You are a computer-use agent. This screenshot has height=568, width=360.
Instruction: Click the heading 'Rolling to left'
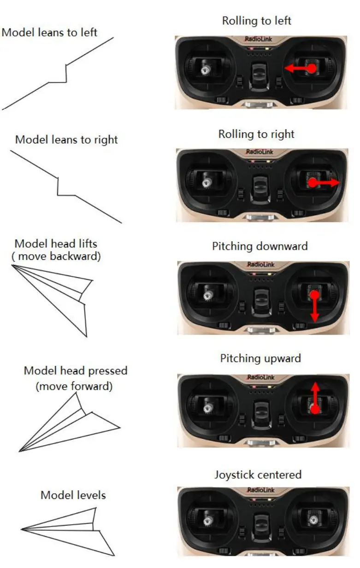click(x=257, y=21)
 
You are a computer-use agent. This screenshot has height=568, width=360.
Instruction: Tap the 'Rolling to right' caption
click(x=256, y=134)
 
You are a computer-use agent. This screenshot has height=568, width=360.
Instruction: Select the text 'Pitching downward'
click(x=260, y=246)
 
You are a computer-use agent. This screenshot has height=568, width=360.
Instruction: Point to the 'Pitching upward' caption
click(x=260, y=358)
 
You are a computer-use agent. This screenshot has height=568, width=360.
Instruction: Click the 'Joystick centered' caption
click(x=258, y=474)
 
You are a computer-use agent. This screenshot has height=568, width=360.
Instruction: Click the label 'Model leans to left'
click(x=50, y=33)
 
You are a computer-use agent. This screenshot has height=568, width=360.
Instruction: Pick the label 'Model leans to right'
click(x=66, y=140)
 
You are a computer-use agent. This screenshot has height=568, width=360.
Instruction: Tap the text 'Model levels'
click(x=73, y=495)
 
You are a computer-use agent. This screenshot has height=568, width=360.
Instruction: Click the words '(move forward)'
click(x=74, y=386)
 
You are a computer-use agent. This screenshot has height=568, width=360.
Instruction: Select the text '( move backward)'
click(x=56, y=256)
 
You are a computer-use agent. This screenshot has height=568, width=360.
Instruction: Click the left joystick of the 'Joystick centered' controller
click(x=208, y=521)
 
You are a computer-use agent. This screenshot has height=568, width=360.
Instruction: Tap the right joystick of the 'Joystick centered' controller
click(x=314, y=521)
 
